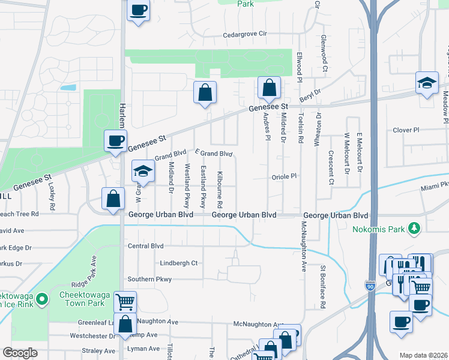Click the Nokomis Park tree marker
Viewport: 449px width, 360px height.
point(414,228)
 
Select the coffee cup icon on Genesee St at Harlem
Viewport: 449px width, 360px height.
point(115,142)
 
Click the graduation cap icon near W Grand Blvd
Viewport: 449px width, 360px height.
point(143,172)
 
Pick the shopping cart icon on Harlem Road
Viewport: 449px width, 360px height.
point(125,302)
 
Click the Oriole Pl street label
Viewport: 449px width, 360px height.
point(285,176)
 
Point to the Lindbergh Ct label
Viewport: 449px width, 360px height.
point(179,263)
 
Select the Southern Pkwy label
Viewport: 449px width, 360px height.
point(149,279)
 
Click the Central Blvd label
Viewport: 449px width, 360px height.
point(145,245)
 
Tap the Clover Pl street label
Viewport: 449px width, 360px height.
point(405,130)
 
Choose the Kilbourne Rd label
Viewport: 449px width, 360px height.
point(220,185)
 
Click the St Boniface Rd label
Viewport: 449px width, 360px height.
point(323,287)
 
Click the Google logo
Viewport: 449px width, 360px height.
point(20,353)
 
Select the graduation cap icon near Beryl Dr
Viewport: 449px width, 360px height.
point(427,83)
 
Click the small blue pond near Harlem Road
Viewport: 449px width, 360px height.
point(68,88)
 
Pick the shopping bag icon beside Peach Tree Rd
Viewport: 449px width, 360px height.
point(113,199)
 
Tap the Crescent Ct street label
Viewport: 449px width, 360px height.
point(331,169)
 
